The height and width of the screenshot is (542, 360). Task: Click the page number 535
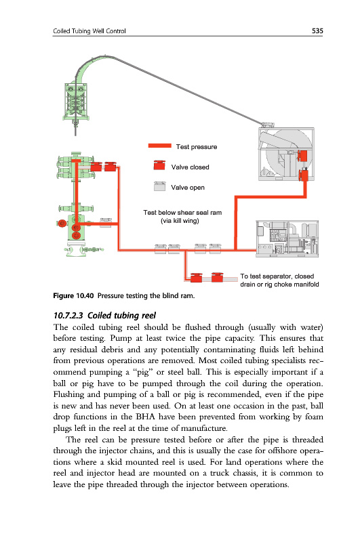pyautogui.click(x=317, y=30)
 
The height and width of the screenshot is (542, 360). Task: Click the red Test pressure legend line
pyautogui.click(x=159, y=146)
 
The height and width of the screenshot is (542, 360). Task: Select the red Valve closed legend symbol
pyautogui.click(x=159, y=165)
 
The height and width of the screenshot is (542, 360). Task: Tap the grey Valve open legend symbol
pyautogui.click(x=159, y=186)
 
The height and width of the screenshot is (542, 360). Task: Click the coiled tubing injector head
pyautogui.click(x=76, y=101)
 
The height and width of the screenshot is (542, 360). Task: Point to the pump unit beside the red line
pyautogui.click(x=287, y=238)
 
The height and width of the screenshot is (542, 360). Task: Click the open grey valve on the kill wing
pyautogui.click(x=106, y=222)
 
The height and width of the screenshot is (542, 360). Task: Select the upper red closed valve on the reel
pyautogui.click(x=302, y=155)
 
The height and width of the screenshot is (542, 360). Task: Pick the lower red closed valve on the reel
pyautogui.click(x=304, y=174)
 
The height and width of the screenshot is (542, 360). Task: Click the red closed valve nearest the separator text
pyautogui.click(x=217, y=277)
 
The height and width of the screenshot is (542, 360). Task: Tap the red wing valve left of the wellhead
pyautogui.click(x=62, y=224)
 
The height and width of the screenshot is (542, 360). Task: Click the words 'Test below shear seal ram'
pyautogui.click(x=182, y=213)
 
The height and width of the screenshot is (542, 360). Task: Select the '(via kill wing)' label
pyautogui.click(x=180, y=221)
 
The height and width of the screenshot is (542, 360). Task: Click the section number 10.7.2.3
pyautogui.click(x=68, y=315)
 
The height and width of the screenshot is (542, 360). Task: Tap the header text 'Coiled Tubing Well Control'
pyautogui.click(x=89, y=31)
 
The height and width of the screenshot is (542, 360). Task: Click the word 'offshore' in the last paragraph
pyautogui.click(x=279, y=451)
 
